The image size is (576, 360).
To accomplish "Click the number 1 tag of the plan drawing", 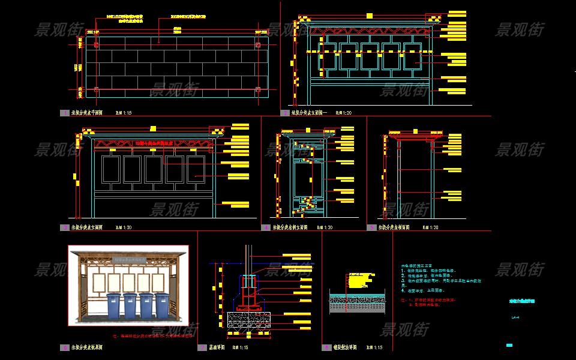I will [64, 113].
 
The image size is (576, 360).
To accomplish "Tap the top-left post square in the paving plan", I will [96, 44].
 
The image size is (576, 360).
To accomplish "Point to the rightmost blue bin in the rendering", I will [162, 305].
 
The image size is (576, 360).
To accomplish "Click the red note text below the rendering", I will [153, 336].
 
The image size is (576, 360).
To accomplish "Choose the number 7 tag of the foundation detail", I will [202, 347].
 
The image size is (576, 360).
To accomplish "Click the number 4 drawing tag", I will [266, 227].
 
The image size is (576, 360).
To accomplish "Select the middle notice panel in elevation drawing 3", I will [154, 169].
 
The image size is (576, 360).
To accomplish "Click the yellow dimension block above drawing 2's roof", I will [370, 16].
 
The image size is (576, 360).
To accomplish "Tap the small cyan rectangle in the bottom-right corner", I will [509, 345].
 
